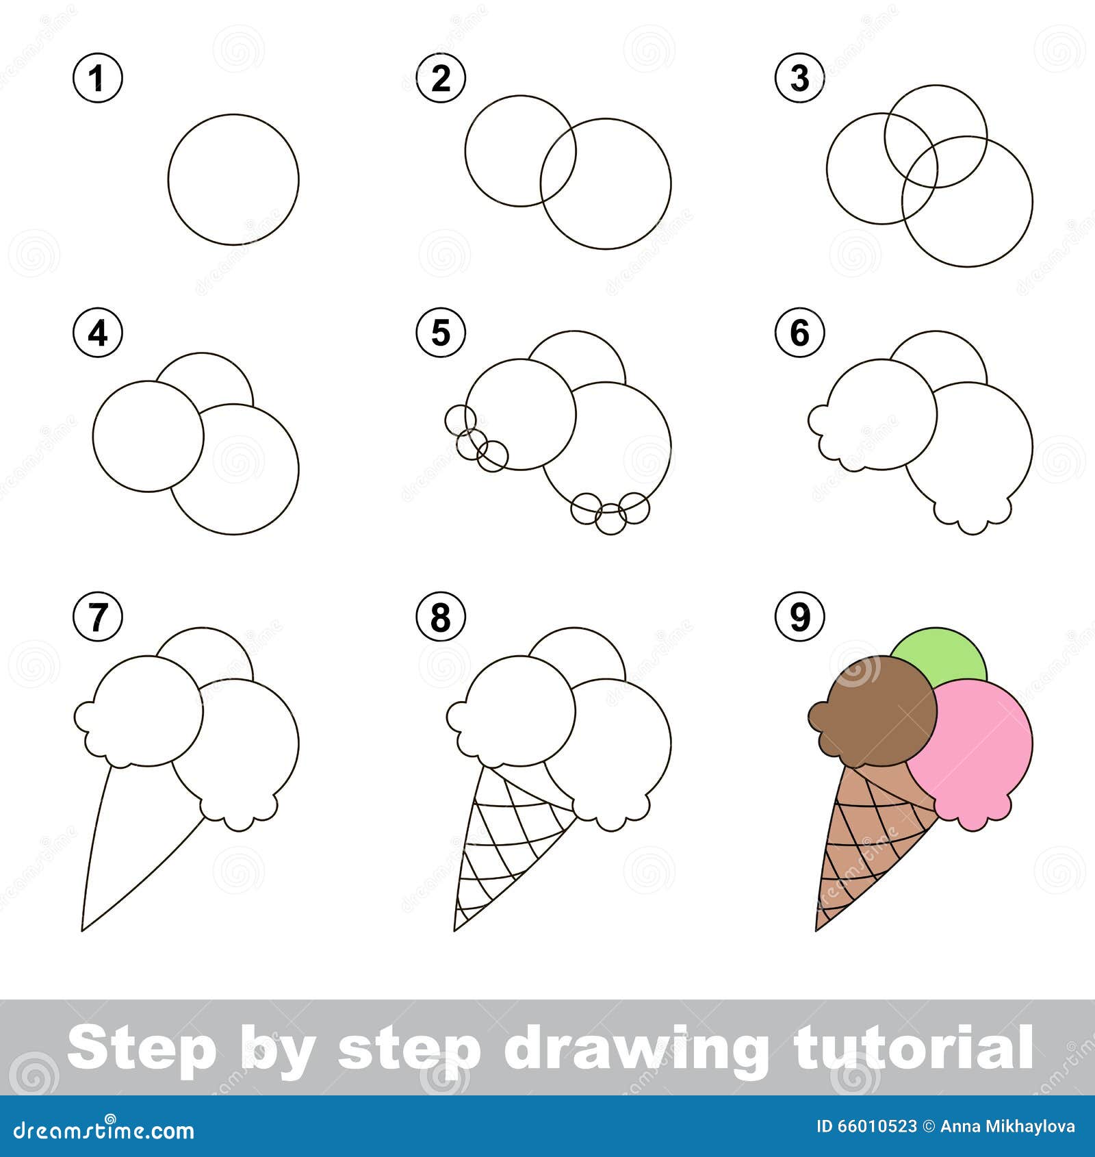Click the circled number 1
click(98, 78)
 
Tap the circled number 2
click(441, 78)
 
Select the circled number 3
click(800, 78)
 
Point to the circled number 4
click(98, 333)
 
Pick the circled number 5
click(441, 333)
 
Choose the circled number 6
click(800, 333)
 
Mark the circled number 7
click(98, 617)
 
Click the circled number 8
click(441, 617)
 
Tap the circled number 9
click(800, 617)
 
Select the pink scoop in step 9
click(979, 746)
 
